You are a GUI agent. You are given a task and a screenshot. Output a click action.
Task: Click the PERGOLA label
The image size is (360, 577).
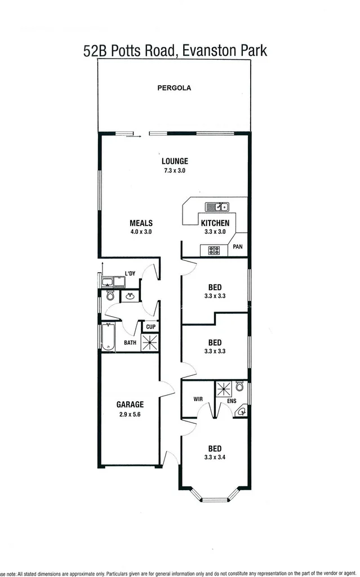[174, 88]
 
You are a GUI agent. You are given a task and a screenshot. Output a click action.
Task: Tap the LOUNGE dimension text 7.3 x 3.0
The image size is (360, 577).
[174, 170]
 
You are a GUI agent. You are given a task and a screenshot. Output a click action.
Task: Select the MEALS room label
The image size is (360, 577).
[141, 223]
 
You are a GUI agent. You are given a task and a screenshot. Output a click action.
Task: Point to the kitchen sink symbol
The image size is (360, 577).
[216, 206]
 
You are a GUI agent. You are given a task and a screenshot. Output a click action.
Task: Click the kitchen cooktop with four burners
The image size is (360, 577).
[214, 250]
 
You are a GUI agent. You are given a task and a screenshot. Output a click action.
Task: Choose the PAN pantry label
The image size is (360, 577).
[238, 246]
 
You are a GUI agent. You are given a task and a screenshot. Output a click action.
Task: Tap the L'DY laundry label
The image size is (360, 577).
[130, 274]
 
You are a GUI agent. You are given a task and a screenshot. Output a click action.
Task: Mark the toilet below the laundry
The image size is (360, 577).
[110, 296]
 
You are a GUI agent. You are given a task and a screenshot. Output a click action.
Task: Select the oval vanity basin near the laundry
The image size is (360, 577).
[130, 295]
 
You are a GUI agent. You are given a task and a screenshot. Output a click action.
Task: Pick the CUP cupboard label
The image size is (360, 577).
[150, 327]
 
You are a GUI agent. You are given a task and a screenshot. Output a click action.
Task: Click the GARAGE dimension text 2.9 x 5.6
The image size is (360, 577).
[130, 414]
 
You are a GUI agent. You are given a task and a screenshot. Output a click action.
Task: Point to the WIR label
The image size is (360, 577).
[198, 399]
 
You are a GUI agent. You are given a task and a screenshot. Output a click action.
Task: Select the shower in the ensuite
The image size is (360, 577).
[224, 389]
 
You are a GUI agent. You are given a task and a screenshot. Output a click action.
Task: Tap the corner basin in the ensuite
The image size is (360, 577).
[242, 412]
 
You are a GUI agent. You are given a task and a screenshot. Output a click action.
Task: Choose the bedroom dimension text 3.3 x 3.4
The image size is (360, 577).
[214, 457]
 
